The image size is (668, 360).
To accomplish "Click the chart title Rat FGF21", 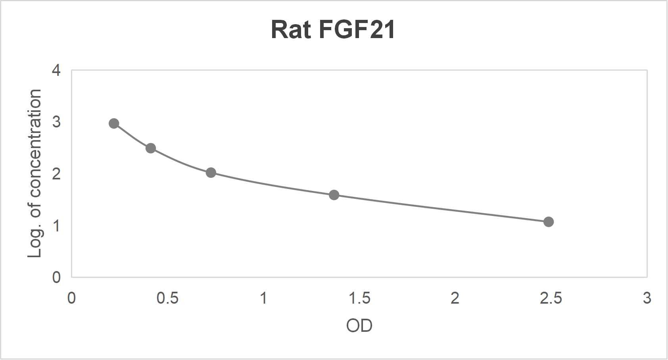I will [x=333, y=30].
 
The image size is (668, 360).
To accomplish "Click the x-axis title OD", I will [x=359, y=326].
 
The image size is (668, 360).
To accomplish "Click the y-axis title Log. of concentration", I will [x=35, y=173].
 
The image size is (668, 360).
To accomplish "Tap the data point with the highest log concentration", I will [x=114, y=123].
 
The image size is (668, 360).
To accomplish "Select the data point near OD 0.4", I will [x=151, y=148].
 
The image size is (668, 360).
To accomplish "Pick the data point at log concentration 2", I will [x=211, y=173].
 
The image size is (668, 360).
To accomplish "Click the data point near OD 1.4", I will [x=334, y=195].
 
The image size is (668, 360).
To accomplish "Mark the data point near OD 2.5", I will [x=549, y=222].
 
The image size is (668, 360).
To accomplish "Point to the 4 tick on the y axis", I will [x=56, y=70].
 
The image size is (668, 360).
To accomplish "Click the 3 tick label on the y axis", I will [x=56, y=122].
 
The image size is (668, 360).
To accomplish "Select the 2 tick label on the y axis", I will [x=56, y=174].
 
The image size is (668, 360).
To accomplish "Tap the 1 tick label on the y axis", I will [x=56, y=226].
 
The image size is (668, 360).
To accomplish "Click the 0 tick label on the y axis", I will [x=56, y=277].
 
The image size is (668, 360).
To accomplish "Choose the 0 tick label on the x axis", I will [x=71, y=298].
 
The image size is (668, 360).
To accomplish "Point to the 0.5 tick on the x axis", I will [x=167, y=298].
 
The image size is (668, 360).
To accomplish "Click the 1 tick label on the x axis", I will [x=263, y=298].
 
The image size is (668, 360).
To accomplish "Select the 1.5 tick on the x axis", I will [x=359, y=298].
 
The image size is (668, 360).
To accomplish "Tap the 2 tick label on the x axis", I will [x=455, y=298].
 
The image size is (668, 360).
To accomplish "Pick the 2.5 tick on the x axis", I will [x=551, y=298].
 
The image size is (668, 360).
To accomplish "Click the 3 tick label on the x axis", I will [x=647, y=298].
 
